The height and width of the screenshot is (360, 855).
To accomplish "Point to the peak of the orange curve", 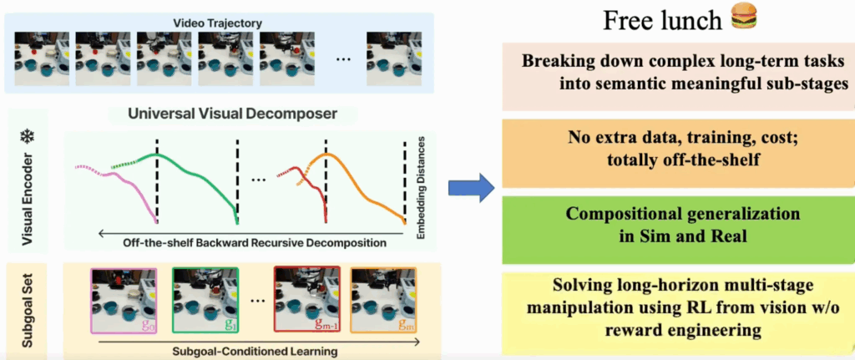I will (328, 155).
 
